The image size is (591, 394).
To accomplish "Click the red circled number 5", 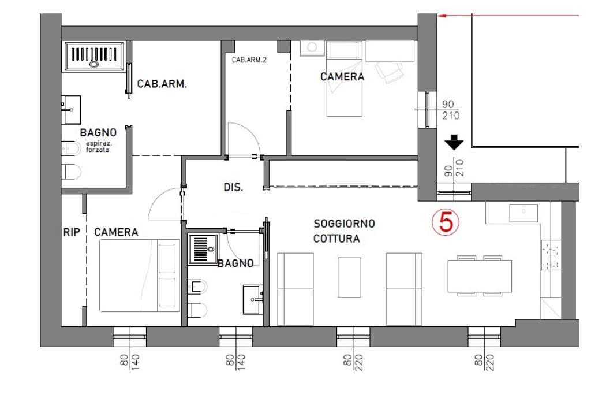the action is coord(446,222).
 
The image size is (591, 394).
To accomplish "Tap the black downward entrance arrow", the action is coord(454,143).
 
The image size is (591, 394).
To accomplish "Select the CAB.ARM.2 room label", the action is coord(249,60).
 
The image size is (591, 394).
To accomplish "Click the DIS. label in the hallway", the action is coord(233,187).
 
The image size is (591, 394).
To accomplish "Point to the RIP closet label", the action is coord(72,232).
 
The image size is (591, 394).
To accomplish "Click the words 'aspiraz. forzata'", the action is coord(98,146).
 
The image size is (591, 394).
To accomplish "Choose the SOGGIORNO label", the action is coord(344,224).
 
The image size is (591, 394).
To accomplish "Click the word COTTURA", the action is coord(336,239).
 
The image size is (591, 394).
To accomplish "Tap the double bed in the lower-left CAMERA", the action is coord(140,276).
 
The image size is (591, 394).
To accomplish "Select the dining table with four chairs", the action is coord(480,276).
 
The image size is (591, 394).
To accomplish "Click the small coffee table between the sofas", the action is coord(349,277).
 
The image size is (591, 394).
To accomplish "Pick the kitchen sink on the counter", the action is coord(523,213).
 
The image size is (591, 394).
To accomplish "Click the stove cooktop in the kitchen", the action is coord(551,255).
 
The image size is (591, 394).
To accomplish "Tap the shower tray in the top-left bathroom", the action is coord(94,56).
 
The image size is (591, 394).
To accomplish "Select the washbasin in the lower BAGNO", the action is coord(253,300).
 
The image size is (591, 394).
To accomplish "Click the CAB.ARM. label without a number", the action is coord(162,84).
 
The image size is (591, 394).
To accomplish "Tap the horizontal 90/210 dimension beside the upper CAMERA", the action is coord(451,110).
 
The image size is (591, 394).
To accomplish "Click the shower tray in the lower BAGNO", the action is coord(203,249).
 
